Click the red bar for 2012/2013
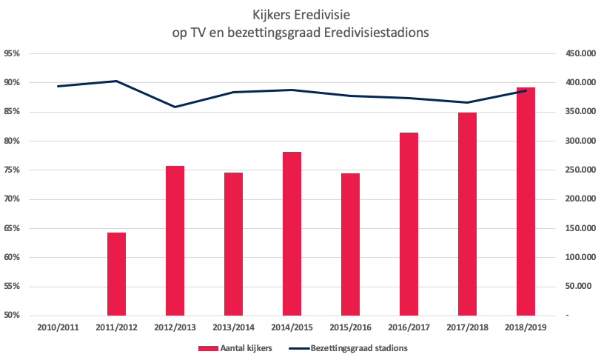pos(175,241)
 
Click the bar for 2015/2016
pos(350,244)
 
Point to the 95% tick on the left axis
pos(12,54)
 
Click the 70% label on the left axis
pos(12,199)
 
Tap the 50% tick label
pos(12,316)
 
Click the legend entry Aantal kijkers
pos(235,347)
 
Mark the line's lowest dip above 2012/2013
pos(175,107)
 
